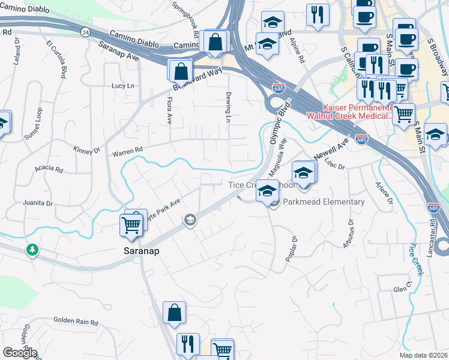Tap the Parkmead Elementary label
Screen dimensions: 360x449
click(323, 202)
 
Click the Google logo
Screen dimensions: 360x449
click(19, 352)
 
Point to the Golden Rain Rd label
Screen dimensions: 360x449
click(76, 322)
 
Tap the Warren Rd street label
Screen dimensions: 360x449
click(127, 152)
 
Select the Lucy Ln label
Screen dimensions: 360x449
click(123, 86)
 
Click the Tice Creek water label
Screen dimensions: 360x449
click(417, 259)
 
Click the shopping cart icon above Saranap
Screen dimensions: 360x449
click(131, 224)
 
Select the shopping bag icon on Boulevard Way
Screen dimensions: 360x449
click(180, 71)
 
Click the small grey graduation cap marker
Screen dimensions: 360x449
click(190, 220)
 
